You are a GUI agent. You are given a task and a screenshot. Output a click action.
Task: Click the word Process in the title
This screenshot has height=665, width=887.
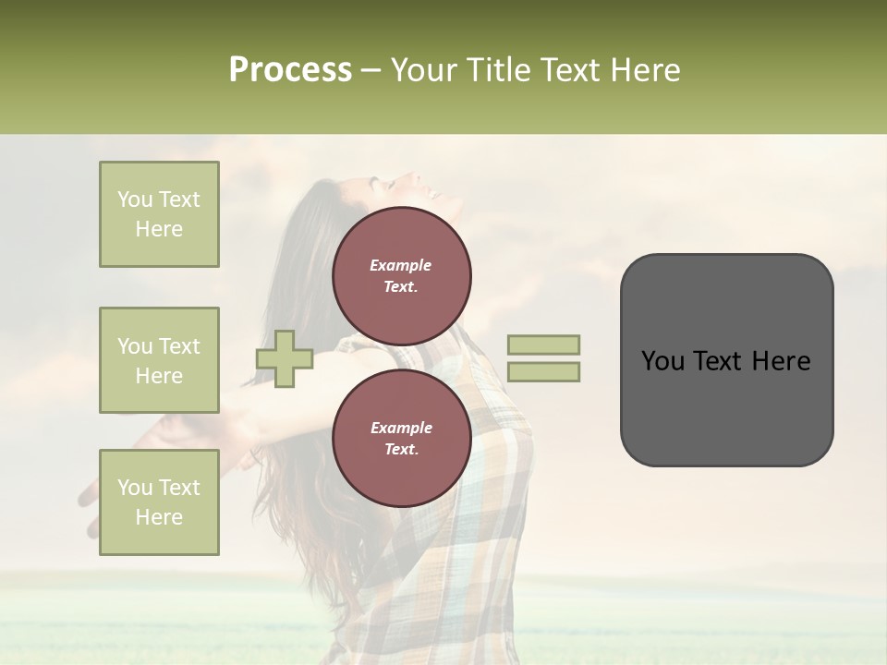[x=290, y=70]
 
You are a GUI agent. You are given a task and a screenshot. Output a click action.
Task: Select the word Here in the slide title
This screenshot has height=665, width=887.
[x=643, y=70]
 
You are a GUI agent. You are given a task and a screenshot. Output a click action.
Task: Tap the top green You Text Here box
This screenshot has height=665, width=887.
[x=159, y=214]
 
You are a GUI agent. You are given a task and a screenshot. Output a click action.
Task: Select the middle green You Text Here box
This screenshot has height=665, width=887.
[x=159, y=360]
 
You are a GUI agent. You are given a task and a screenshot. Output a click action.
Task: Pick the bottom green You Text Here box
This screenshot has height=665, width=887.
[x=159, y=502]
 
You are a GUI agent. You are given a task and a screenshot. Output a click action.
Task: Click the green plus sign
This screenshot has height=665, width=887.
[x=285, y=358]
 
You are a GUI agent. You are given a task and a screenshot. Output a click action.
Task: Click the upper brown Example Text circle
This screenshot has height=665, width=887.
[x=401, y=276]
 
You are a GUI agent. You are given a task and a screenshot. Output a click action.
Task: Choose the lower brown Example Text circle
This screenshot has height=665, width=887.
[x=401, y=439]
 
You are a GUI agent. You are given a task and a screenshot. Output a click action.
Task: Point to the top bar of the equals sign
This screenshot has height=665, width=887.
[x=544, y=345]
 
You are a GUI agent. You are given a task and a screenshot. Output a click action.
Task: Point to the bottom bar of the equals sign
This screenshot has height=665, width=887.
[x=544, y=372]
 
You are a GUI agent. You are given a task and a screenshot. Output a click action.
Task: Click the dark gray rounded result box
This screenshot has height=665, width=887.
[x=726, y=406]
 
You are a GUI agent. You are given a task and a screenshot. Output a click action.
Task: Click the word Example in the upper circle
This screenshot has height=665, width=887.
[x=401, y=265]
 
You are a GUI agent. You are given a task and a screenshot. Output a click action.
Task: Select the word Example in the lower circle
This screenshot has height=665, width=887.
[x=401, y=428]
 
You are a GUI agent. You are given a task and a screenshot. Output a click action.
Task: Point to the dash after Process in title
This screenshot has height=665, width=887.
[x=371, y=71]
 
